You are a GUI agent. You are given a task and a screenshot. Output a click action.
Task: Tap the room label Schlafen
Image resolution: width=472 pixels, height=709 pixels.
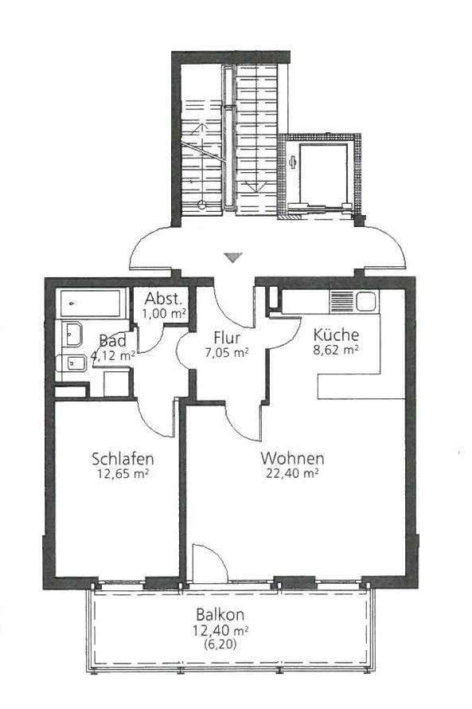tap(123, 459)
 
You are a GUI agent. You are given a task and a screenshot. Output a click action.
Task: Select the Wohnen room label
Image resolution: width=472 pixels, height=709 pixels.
tap(292, 458)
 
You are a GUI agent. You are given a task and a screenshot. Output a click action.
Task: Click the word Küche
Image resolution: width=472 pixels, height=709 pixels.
tap(336, 335)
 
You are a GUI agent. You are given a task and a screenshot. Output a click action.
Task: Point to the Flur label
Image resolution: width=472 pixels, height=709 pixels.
tap(227, 338)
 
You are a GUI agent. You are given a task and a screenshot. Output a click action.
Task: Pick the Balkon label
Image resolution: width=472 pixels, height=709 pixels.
tap(220, 614)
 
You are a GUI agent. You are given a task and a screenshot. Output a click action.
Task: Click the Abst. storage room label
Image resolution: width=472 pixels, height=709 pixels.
tap(164, 299)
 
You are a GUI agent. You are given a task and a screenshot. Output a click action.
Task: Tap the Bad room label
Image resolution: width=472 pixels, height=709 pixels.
tap(112, 340)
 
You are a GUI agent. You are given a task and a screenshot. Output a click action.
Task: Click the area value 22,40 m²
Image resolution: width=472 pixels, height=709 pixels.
tap(292, 473)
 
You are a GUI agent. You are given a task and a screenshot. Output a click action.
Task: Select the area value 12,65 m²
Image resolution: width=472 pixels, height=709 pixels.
tap(123, 474)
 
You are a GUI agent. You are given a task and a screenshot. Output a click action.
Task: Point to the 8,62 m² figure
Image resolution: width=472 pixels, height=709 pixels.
tap(336, 350)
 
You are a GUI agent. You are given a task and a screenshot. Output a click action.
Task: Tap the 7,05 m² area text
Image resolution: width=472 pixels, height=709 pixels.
tap(227, 353)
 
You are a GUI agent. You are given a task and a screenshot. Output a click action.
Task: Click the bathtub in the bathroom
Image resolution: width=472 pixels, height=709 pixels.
tap(90, 304)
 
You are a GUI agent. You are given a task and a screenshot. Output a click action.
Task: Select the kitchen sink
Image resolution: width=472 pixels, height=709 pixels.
tap(366, 301)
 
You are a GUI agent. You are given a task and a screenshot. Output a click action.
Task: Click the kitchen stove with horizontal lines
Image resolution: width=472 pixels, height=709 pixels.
tap(342, 301)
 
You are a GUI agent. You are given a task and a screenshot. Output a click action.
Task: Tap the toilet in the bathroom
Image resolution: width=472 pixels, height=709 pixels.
tap(72, 363)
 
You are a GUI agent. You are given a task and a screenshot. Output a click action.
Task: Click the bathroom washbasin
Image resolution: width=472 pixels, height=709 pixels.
tap(72, 334)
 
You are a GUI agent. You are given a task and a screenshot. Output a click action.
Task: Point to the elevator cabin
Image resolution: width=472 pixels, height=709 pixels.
tap(323, 175)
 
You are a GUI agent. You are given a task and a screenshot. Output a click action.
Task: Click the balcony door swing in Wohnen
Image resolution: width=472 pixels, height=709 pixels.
tap(210, 561)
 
